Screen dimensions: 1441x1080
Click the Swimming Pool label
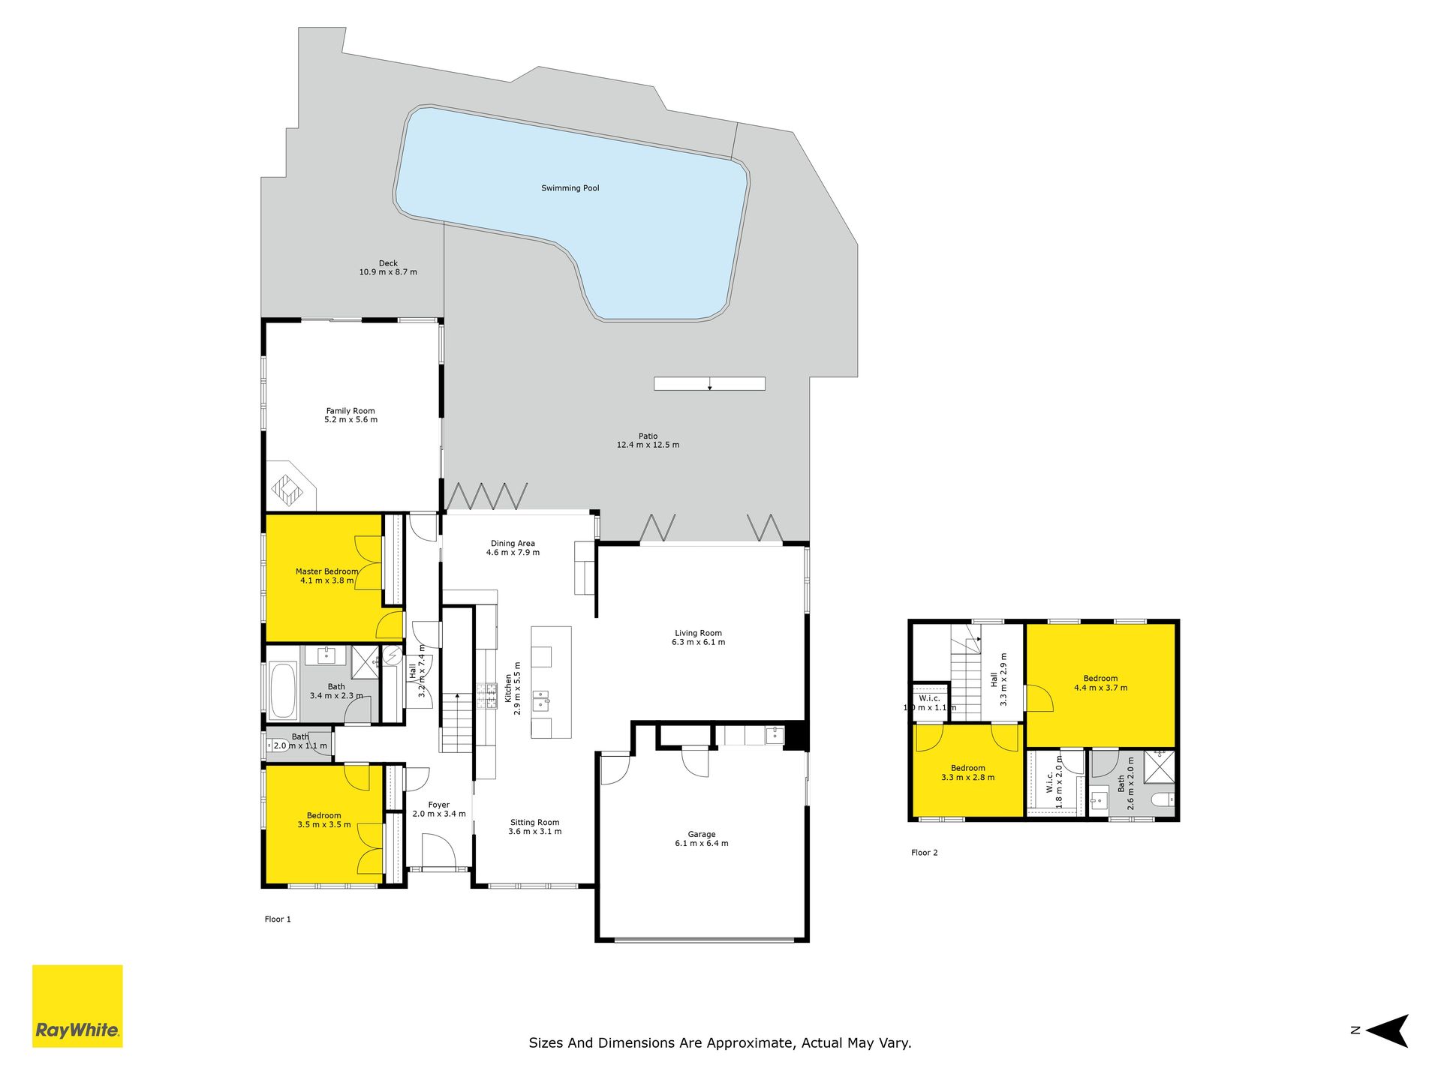coord(570,188)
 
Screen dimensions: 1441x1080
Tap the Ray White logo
coord(77,1006)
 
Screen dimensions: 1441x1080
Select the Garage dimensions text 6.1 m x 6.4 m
coord(702,844)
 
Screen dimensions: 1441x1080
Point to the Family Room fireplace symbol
coord(287,490)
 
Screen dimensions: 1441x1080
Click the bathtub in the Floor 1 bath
coord(282,690)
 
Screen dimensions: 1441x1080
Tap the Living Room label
coord(698,633)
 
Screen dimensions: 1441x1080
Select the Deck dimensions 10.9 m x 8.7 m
coord(388,272)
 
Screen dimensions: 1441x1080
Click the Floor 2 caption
coord(925,853)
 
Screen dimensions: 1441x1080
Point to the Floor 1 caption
coord(278,919)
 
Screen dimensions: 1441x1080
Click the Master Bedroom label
coord(326,571)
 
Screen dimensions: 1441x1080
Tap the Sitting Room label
coord(535,823)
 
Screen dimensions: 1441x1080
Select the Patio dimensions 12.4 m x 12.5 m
coord(648,445)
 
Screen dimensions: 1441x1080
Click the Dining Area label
coord(513,544)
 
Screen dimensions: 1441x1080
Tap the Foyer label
coord(439,805)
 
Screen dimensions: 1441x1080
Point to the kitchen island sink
coord(541,702)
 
